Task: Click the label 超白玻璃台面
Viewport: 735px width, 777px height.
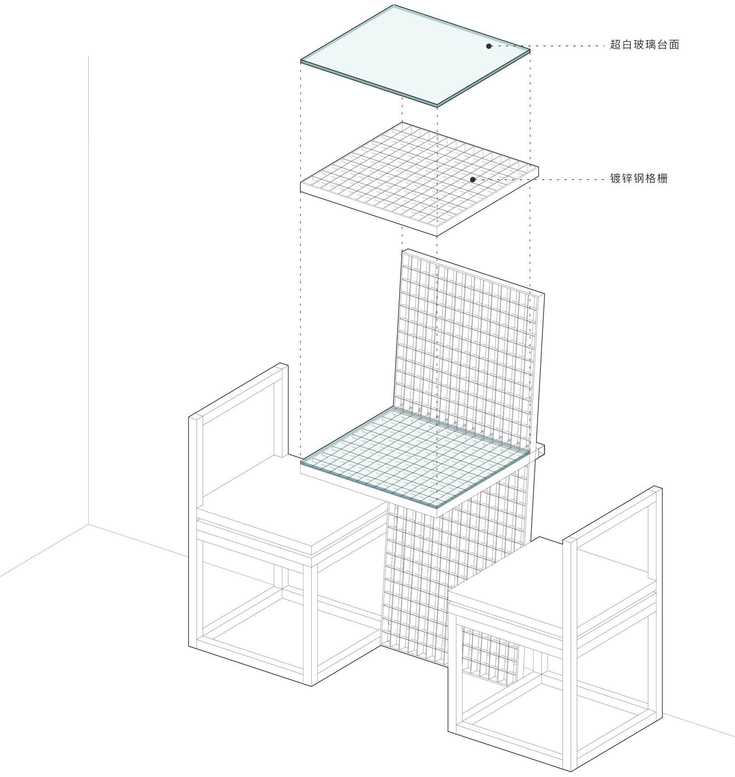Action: tap(644, 45)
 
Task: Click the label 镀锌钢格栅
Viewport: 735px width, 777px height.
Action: tap(639, 179)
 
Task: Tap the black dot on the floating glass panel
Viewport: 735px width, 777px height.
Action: tap(489, 46)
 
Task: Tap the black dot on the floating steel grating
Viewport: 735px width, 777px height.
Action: tap(473, 180)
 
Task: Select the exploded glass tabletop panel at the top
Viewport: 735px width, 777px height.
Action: tap(415, 56)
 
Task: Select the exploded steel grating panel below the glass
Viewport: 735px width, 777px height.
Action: tap(419, 179)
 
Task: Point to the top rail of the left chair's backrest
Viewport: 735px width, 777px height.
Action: tap(238, 390)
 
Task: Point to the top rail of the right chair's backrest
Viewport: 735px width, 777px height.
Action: tap(612, 515)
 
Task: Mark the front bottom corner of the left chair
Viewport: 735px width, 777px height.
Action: tap(312, 686)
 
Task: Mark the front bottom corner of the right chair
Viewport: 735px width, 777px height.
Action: tap(571, 771)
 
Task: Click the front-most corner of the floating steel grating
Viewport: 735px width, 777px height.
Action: tap(437, 236)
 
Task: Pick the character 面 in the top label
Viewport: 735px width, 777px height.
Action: tap(674, 45)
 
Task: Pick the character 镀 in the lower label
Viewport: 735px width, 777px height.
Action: tap(616, 179)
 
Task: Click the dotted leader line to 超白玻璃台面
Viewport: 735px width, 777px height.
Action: tap(548, 46)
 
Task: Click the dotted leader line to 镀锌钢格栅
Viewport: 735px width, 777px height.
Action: tap(540, 180)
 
